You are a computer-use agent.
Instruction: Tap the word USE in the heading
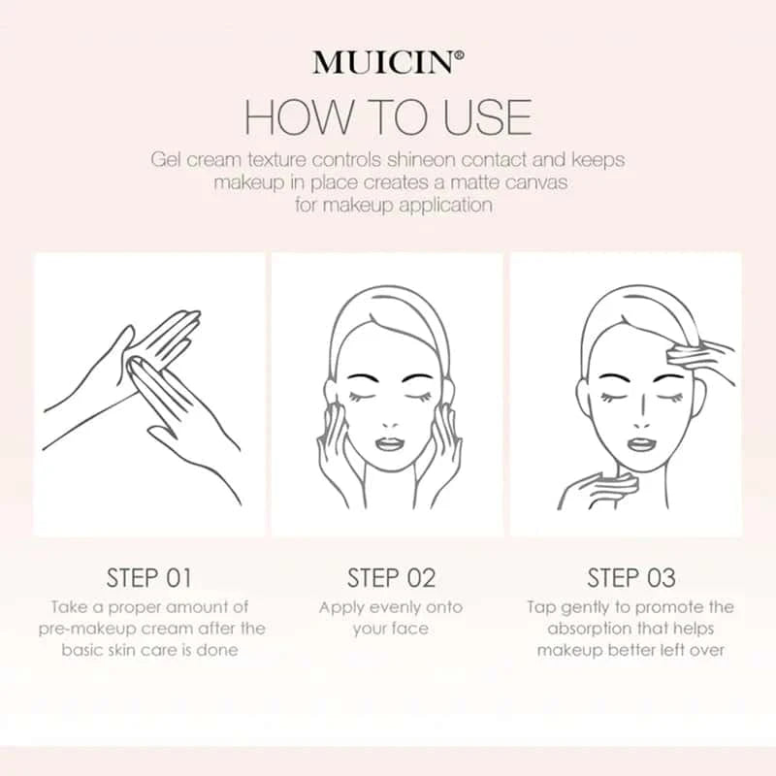tap(488, 117)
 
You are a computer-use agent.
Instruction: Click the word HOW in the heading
tap(299, 117)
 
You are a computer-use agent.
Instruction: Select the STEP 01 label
tap(149, 578)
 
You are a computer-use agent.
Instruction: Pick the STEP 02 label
tap(391, 578)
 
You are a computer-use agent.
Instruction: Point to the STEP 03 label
tap(631, 578)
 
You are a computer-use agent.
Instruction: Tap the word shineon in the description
tap(421, 160)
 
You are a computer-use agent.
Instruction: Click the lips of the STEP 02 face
tap(390, 443)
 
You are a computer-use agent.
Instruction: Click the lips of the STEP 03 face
tap(641, 443)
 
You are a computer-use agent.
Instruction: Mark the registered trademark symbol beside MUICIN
tap(459, 56)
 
